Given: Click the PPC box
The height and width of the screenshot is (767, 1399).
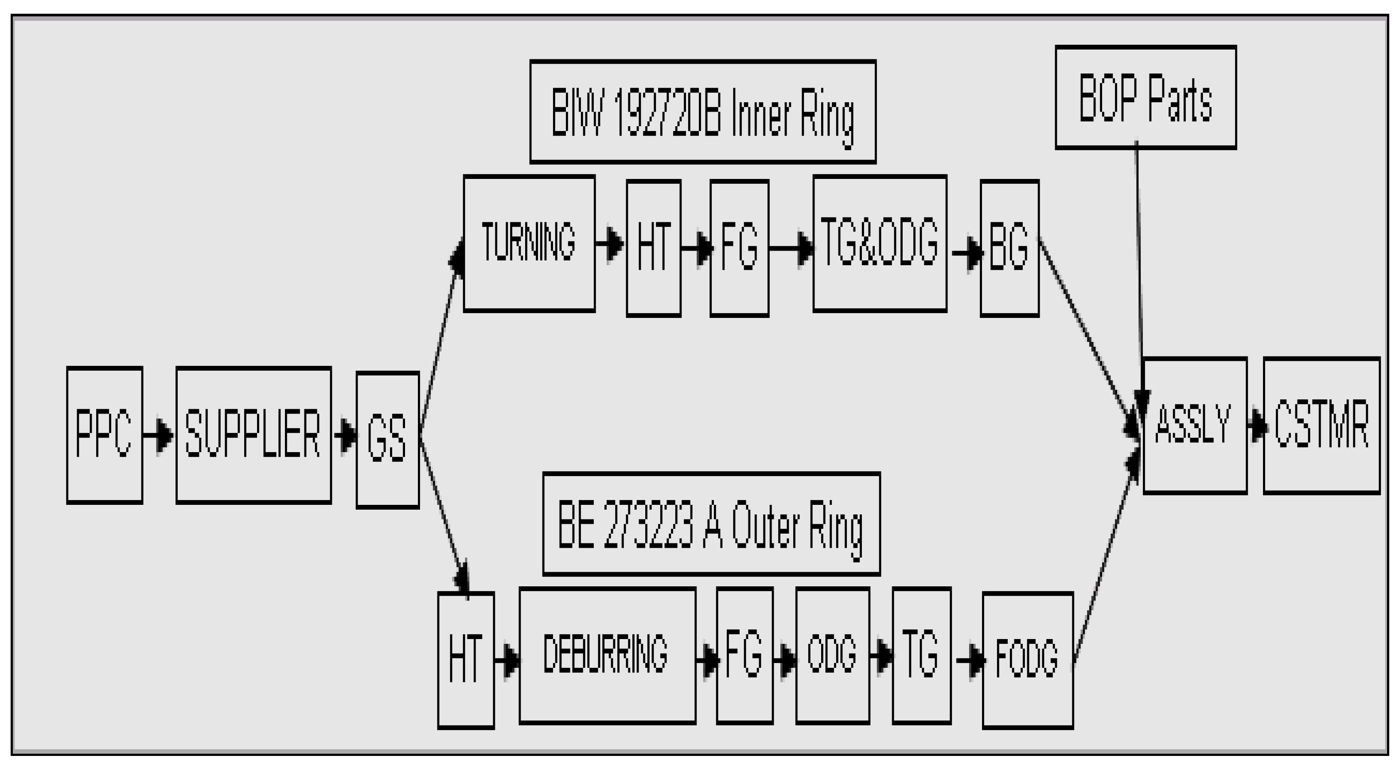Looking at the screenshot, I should click(x=104, y=435).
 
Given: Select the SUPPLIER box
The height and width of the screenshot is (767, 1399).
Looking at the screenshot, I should click(x=253, y=435).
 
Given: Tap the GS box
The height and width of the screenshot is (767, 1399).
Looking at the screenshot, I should click(x=387, y=440).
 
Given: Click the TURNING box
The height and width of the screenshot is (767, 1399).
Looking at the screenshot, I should click(x=529, y=243).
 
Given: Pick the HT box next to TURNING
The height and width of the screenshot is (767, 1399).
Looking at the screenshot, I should click(x=653, y=248).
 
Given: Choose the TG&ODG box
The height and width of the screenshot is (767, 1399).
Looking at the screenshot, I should click(x=880, y=243).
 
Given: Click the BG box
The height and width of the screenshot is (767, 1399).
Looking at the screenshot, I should click(x=1009, y=248).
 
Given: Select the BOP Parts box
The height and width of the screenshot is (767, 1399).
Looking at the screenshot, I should click(x=1146, y=97).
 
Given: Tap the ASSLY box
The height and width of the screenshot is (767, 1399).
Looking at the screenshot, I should click(x=1195, y=425).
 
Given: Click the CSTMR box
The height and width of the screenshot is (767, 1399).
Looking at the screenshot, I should click(x=1322, y=425).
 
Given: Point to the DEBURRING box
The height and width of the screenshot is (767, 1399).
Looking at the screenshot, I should click(x=607, y=655).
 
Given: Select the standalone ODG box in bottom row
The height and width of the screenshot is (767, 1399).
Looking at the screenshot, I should click(x=833, y=655).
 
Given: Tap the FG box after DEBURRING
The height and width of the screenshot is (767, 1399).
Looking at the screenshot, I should click(x=744, y=655).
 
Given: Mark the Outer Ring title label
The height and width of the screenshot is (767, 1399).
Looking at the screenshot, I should click(x=711, y=524).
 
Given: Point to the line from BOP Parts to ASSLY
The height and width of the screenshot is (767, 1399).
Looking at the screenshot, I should click(x=1139, y=260).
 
